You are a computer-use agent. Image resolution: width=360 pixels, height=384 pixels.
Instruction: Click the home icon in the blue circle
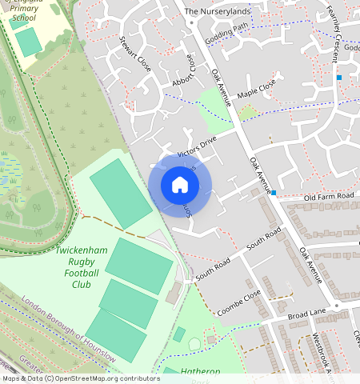tap(180, 186)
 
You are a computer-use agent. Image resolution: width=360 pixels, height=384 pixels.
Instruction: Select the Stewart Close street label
tap(134, 54)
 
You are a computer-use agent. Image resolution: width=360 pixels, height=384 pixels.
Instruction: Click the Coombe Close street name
tap(240, 303)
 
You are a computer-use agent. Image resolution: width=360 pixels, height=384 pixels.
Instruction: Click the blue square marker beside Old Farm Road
tap(274, 193)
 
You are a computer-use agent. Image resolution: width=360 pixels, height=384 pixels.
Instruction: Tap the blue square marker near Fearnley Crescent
tap(339, 78)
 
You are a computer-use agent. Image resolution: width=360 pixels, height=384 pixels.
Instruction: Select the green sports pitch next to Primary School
tap(29, 42)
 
